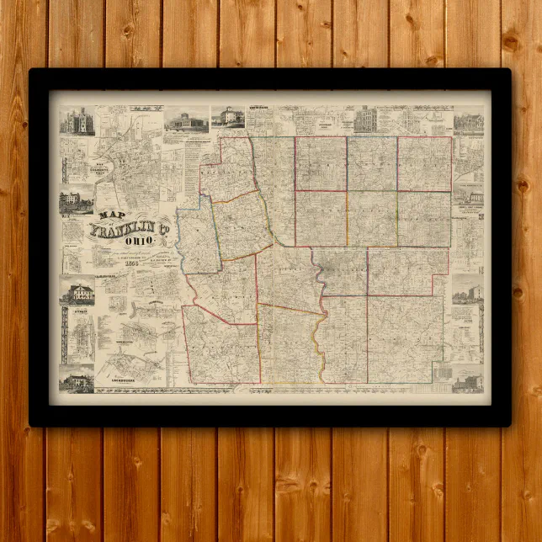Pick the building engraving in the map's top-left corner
[x=77, y=123]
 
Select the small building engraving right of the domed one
[x=227, y=117]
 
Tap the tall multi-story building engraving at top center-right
[x=365, y=120]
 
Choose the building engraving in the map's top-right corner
[x=469, y=123]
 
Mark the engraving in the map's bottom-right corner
[x=467, y=382]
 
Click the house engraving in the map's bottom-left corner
[x=77, y=380]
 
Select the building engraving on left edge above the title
[x=76, y=202]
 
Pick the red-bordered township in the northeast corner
[x=424, y=163]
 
